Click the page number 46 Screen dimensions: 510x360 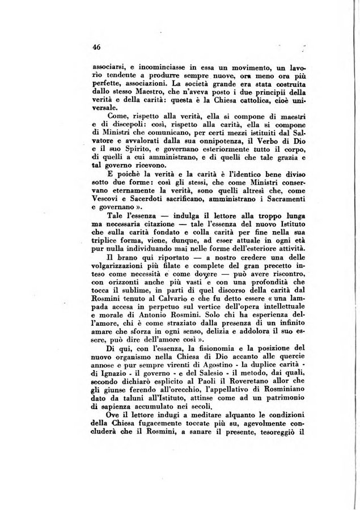[x=96, y=48]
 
